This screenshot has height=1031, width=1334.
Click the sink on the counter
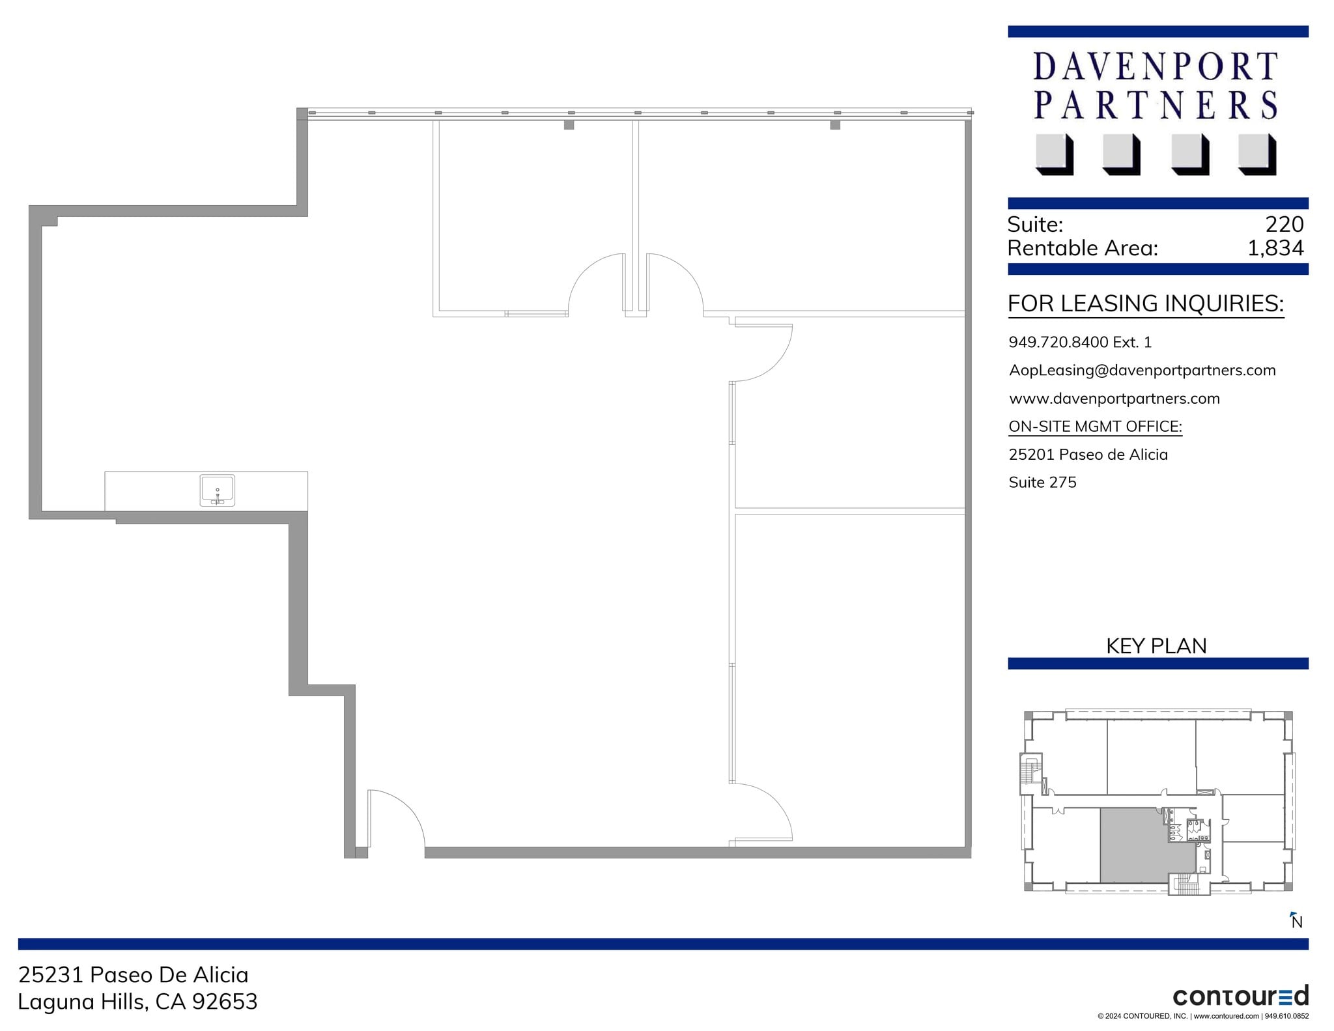click(217, 490)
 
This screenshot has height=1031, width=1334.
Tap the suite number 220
click(1284, 225)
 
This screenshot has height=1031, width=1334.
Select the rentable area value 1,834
click(1275, 248)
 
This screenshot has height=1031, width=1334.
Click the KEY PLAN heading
click(1156, 645)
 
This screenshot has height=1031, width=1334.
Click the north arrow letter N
click(1297, 922)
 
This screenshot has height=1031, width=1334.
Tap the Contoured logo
click(1240, 996)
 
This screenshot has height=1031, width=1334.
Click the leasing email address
click(1142, 371)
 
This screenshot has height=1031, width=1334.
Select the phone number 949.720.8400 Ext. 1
click(1080, 342)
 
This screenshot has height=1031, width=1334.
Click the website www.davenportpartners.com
click(1114, 399)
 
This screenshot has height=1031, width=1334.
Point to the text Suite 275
click(1042, 483)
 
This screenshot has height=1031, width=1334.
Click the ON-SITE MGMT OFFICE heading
click(1095, 427)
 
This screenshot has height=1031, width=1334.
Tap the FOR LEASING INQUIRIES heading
click(1145, 304)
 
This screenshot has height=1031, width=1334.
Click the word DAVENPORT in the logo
click(1156, 66)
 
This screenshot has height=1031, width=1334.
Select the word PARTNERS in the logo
click(1156, 106)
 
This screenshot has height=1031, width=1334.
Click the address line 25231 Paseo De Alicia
click(134, 974)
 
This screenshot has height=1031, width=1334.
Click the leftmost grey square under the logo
click(1053, 154)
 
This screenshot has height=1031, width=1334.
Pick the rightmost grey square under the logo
click(1256, 154)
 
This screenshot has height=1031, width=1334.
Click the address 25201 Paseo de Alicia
click(1088, 455)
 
